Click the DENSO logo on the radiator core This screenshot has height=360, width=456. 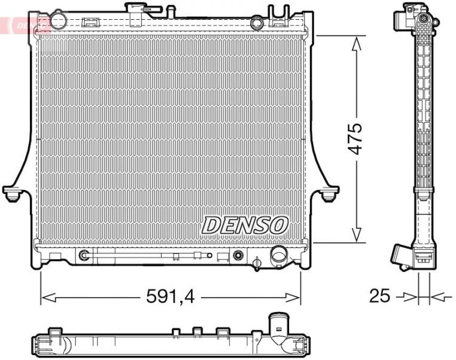(x=245, y=225)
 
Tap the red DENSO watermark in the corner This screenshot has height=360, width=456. (x=24, y=24)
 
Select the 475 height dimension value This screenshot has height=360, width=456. (x=355, y=139)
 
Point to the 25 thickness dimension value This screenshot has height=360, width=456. (x=380, y=295)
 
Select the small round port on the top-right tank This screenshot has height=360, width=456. (x=257, y=23)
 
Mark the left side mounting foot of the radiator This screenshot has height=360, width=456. (x=11, y=195)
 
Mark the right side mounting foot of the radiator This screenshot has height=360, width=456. (x=329, y=195)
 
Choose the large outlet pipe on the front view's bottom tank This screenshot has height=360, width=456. (x=279, y=256)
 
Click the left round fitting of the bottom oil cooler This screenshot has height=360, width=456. (x=84, y=256)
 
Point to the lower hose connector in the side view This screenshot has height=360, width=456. (x=402, y=255)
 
